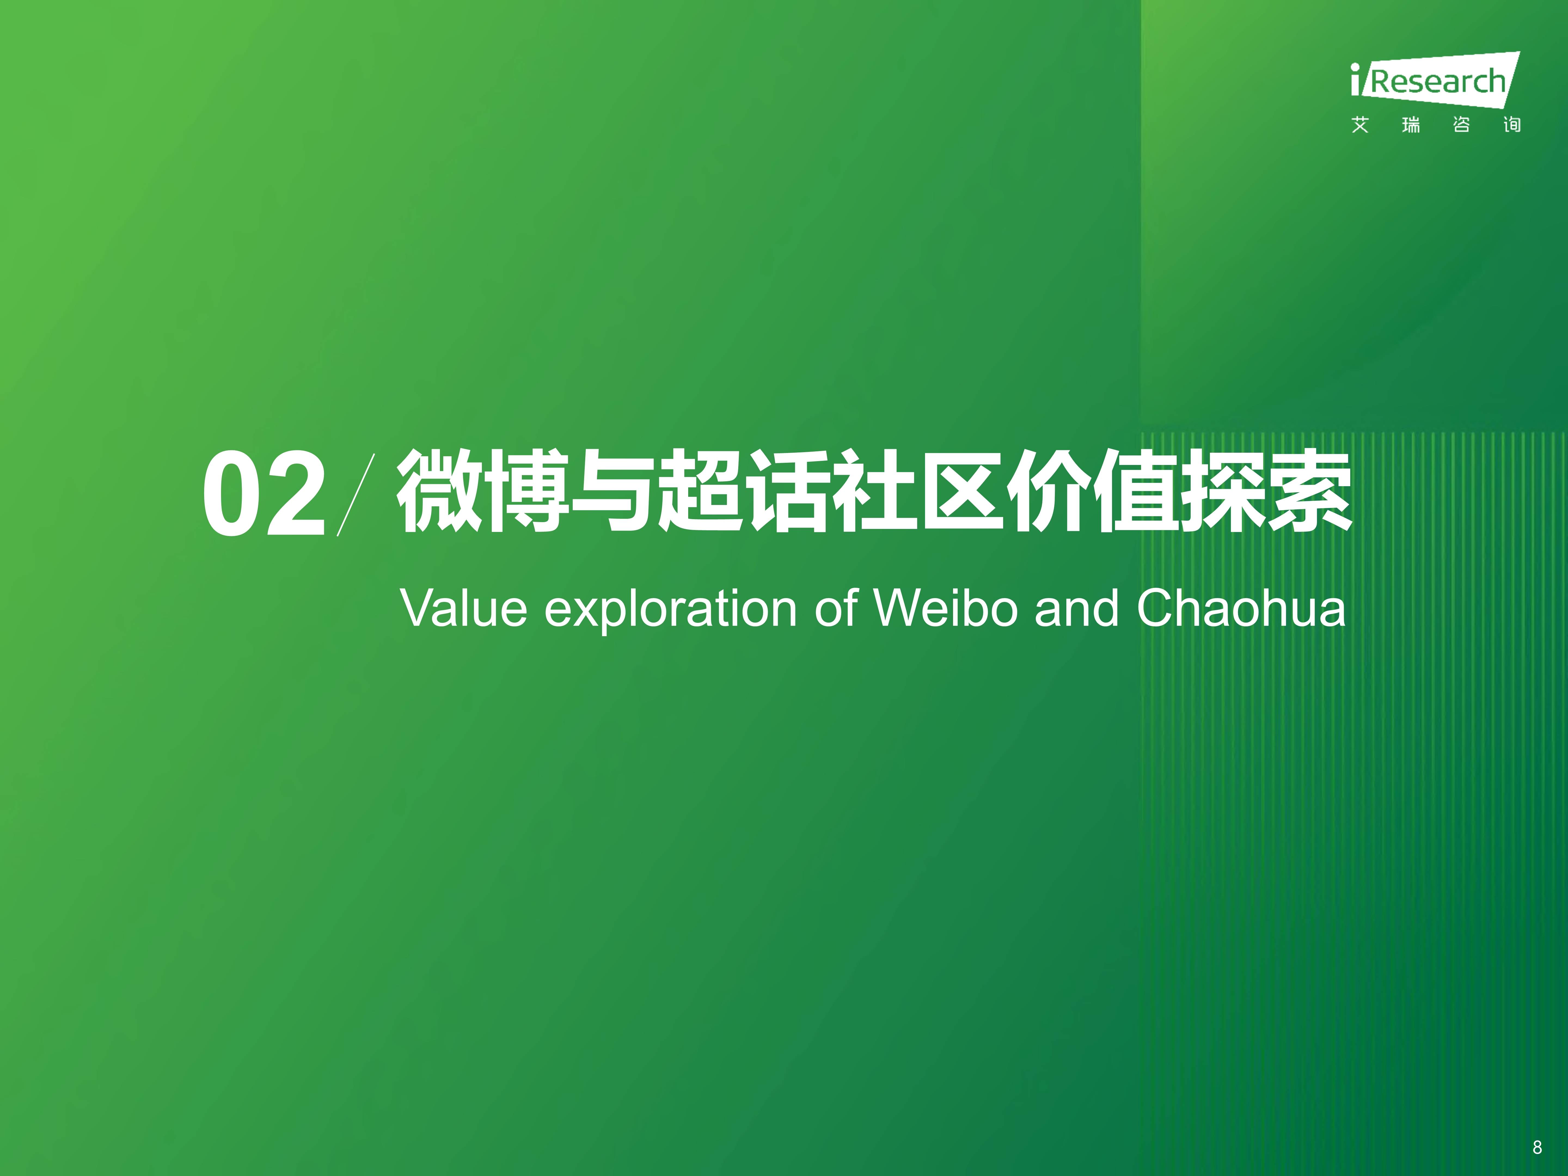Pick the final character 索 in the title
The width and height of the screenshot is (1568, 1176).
(x=1310, y=491)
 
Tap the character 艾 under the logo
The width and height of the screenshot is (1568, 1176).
(x=1359, y=125)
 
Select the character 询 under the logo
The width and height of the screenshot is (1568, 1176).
(x=1512, y=125)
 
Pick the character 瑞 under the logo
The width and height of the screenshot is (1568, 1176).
(x=1411, y=125)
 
